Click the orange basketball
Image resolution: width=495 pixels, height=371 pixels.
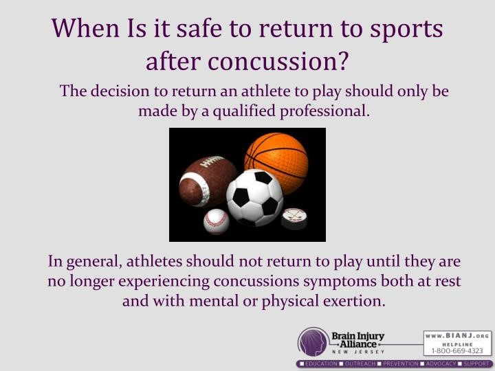(x=276, y=163)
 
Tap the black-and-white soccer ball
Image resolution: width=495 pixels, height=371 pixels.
(x=255, y=197)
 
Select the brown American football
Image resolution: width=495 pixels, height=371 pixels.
(x=207, y=181)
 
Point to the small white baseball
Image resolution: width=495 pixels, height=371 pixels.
(x=217, y=221)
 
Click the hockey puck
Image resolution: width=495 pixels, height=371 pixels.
(x=294, y=218)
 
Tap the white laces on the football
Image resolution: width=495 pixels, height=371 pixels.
(x=212, y=161)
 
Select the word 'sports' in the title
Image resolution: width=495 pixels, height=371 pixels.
(x=406, y=30)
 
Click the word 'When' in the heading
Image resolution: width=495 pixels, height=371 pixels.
(x=85, y=27)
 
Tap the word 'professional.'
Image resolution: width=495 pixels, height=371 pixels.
(x=324, y=111)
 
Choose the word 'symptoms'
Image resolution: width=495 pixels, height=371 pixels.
(x=340, y=282)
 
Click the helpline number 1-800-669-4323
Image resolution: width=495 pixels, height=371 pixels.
(x=457, y=350)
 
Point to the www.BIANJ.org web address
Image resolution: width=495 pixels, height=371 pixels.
(x=457, y=336)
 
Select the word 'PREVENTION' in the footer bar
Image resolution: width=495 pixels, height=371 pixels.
(x=400, y=363)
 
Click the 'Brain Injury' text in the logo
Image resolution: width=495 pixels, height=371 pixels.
(x=357, y=336)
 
